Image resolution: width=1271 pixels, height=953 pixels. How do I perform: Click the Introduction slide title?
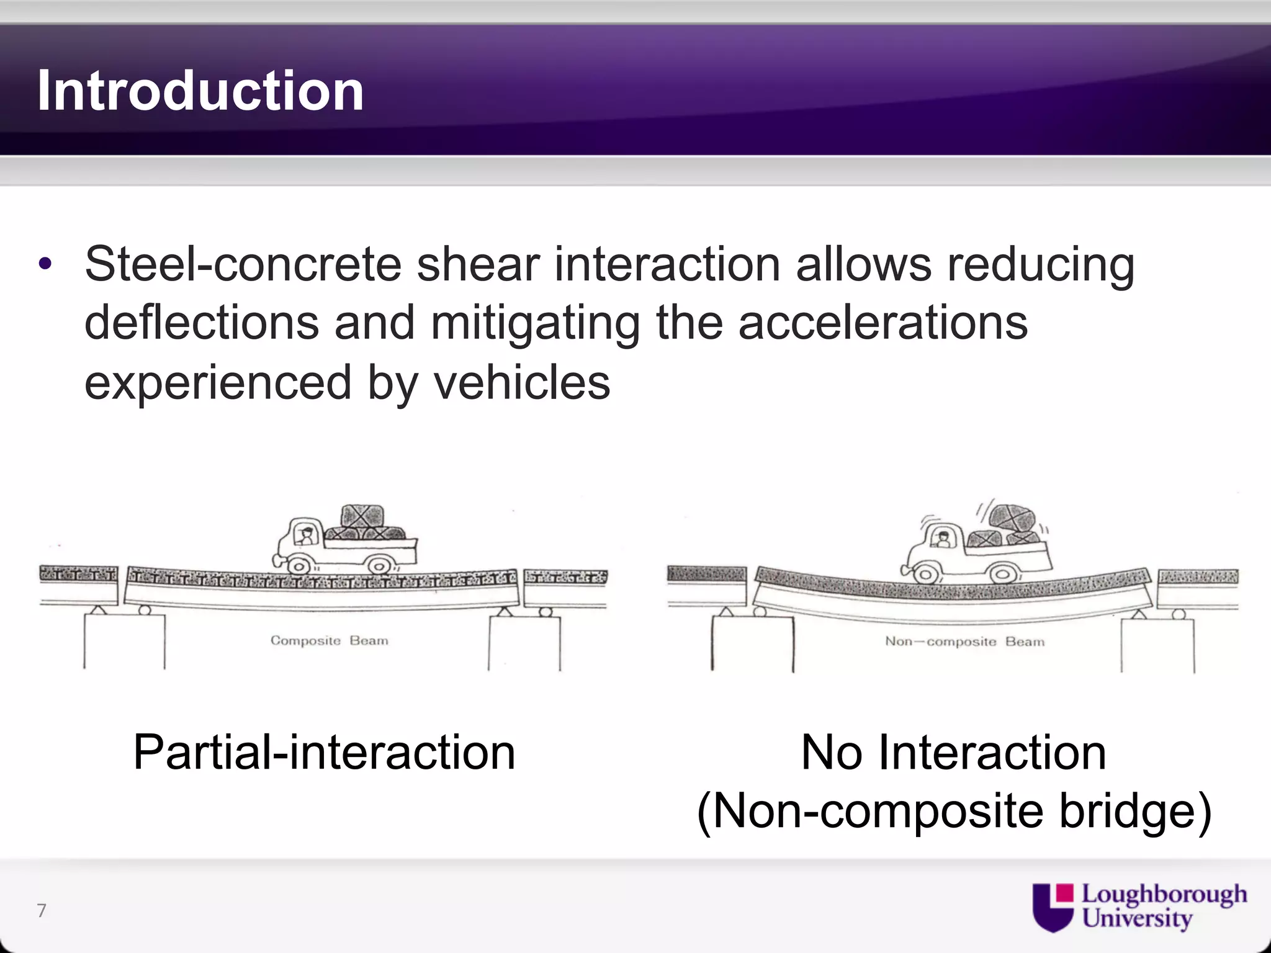pos(200,91)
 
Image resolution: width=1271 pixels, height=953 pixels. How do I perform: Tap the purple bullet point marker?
pos(45,264)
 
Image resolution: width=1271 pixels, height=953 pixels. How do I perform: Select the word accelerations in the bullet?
pos(883,323)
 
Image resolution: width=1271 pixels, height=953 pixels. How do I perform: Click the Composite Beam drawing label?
pos(329,640)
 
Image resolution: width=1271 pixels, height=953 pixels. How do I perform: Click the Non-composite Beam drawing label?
pos(964,642)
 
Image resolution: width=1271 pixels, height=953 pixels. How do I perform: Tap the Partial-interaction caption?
pos(324,753)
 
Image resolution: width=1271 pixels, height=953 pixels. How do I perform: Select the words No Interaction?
pos(953,753)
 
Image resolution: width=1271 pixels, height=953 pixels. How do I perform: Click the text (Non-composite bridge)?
pos(953,811)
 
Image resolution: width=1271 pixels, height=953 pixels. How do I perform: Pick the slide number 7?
pos(42,910)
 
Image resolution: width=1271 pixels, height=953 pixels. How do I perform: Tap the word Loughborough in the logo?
pos(1164,895)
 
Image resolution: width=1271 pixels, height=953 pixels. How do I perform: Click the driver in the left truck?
pos(305,535)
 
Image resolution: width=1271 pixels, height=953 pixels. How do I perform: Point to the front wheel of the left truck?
pos(299,566)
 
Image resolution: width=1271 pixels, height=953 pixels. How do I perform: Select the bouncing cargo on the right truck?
pos(1012,518)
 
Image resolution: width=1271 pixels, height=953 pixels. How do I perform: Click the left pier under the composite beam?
pos(124,641)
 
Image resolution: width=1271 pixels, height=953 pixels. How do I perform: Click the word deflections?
pos(201,323)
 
